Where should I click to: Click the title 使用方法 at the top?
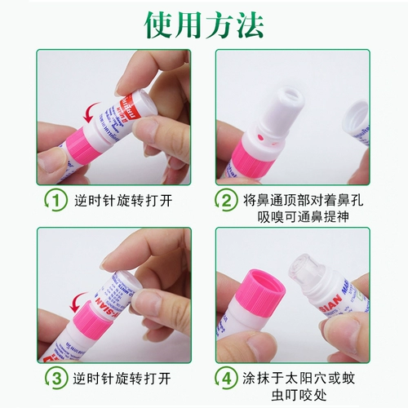tap(204, 24)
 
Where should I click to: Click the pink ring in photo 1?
tap(78, 139)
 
